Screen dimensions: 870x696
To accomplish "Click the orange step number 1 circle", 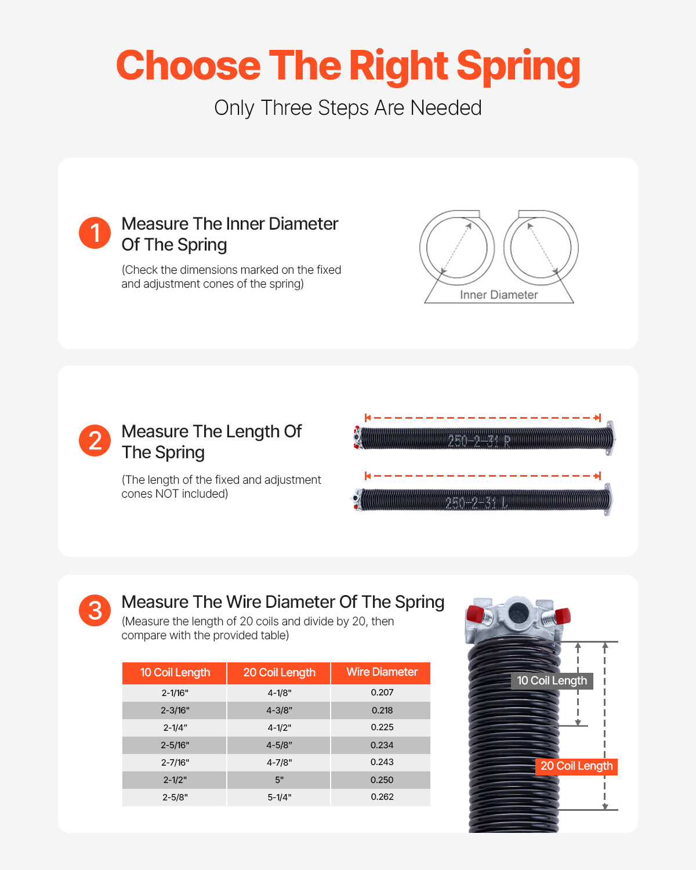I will (x=95, y=233).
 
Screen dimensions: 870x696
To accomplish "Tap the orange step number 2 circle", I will (x=95, y=441).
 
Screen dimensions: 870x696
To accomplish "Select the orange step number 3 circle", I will (x=95, y=611).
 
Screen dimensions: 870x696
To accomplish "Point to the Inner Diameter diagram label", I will (x=499, y=295).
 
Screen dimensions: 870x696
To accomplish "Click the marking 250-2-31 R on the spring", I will (x=479, y=441).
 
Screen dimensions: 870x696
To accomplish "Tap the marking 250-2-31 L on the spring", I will (x=476, y=502).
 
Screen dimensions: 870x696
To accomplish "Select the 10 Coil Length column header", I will (x=175, y=673).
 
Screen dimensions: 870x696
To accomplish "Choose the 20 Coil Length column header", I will (x=279, y=673).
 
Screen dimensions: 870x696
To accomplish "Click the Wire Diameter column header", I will (x=382, y=672).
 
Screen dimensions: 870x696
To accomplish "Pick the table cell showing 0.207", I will (x=382, y=693).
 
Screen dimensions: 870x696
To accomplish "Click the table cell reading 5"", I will (x=279, y=780).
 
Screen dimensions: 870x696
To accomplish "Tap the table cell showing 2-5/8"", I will (x=175, y=797).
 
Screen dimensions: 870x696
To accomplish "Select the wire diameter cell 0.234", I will (x=382, y=745).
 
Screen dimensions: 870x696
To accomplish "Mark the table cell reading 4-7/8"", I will (x=279, y=763).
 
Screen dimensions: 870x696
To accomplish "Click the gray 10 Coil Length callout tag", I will (x=552, y=681).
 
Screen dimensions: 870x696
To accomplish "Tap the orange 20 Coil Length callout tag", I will (x=576, y=766).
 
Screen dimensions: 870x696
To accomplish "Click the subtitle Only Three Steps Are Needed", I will (x=348, y=108).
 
